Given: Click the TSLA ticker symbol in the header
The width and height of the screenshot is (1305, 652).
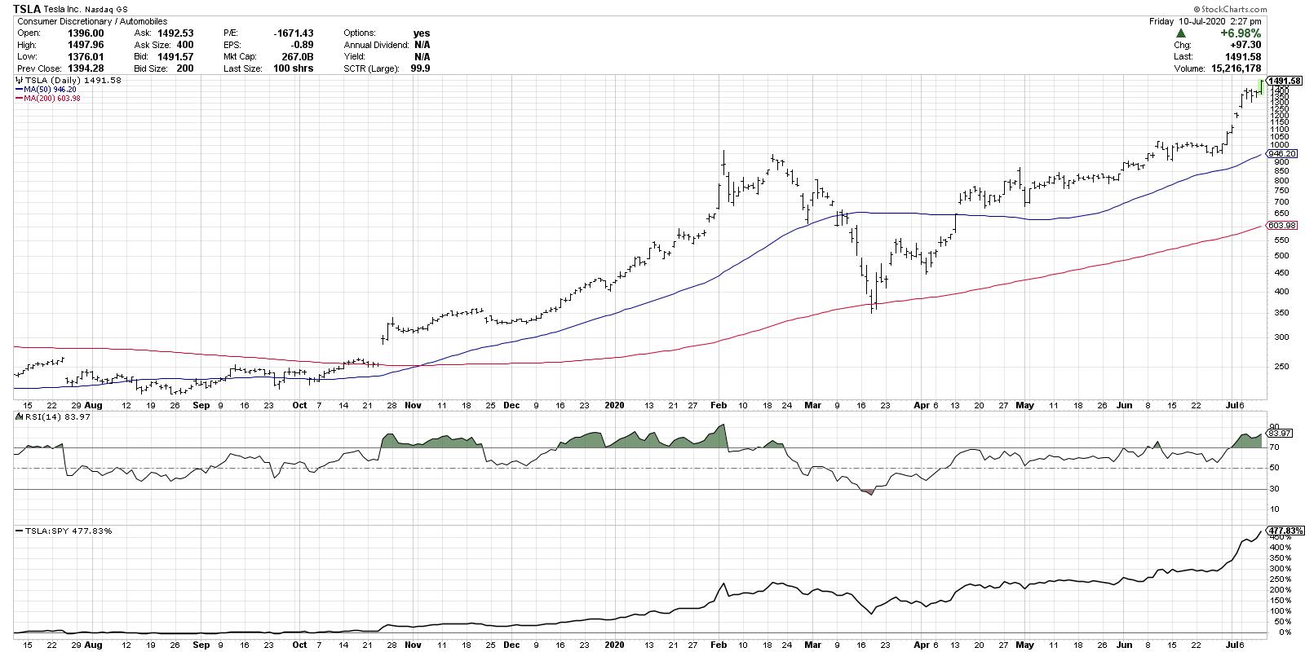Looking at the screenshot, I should tap(29, 9).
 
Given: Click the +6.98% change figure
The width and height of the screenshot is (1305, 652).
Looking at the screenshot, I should tap(1240, 33).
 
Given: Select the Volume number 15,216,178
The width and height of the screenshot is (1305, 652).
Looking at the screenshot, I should tap(1232, 68).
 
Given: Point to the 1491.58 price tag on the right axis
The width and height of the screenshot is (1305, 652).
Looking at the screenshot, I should tap(1285, 81).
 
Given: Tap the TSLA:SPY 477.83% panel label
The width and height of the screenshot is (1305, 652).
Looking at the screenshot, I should tap(64, 531).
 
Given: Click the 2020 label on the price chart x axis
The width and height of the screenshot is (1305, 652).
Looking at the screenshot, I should tap(614, 404).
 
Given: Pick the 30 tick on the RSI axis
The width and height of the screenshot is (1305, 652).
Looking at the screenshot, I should tap(1273, 489).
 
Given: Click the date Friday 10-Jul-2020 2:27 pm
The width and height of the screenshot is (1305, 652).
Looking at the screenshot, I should tap(1210, 21).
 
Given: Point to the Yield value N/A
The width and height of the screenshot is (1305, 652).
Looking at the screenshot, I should tap(422, 57).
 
